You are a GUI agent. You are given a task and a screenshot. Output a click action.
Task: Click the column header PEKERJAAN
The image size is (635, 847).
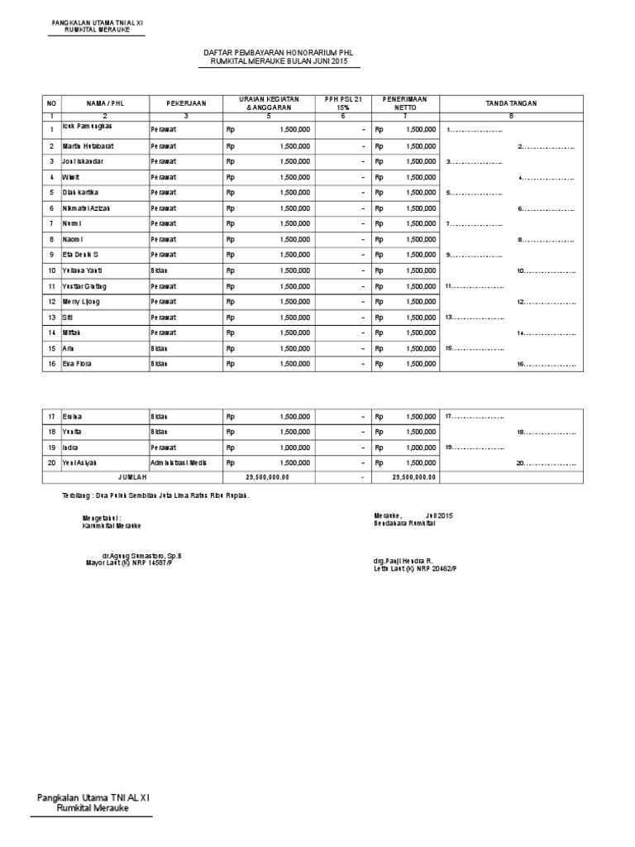[184, 103]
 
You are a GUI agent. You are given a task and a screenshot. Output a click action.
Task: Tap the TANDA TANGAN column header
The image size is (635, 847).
[511, 103]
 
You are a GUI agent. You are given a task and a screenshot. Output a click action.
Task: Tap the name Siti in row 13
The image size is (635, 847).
[69, 317]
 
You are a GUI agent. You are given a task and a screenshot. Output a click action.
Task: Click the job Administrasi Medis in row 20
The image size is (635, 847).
[179, 463]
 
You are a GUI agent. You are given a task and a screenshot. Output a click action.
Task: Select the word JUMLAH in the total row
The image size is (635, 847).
[132, 478]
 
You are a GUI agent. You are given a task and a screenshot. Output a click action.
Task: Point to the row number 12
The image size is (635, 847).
[51, 302]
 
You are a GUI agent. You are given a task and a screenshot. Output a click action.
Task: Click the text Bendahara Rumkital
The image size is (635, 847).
[404, 525]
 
